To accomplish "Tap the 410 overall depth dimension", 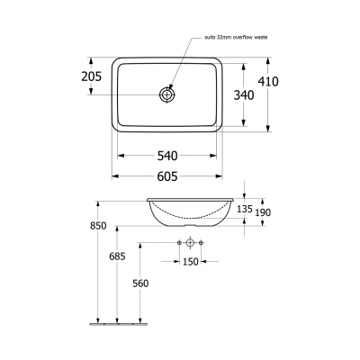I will [x=267, y=81].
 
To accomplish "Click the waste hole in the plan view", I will [x=168, y=94].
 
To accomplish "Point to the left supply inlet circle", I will [x=179, y=244].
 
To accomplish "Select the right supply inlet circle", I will [x=201, y=244].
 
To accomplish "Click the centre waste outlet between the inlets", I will [x=190, y=244].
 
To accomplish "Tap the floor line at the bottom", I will [x=117, y=321].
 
